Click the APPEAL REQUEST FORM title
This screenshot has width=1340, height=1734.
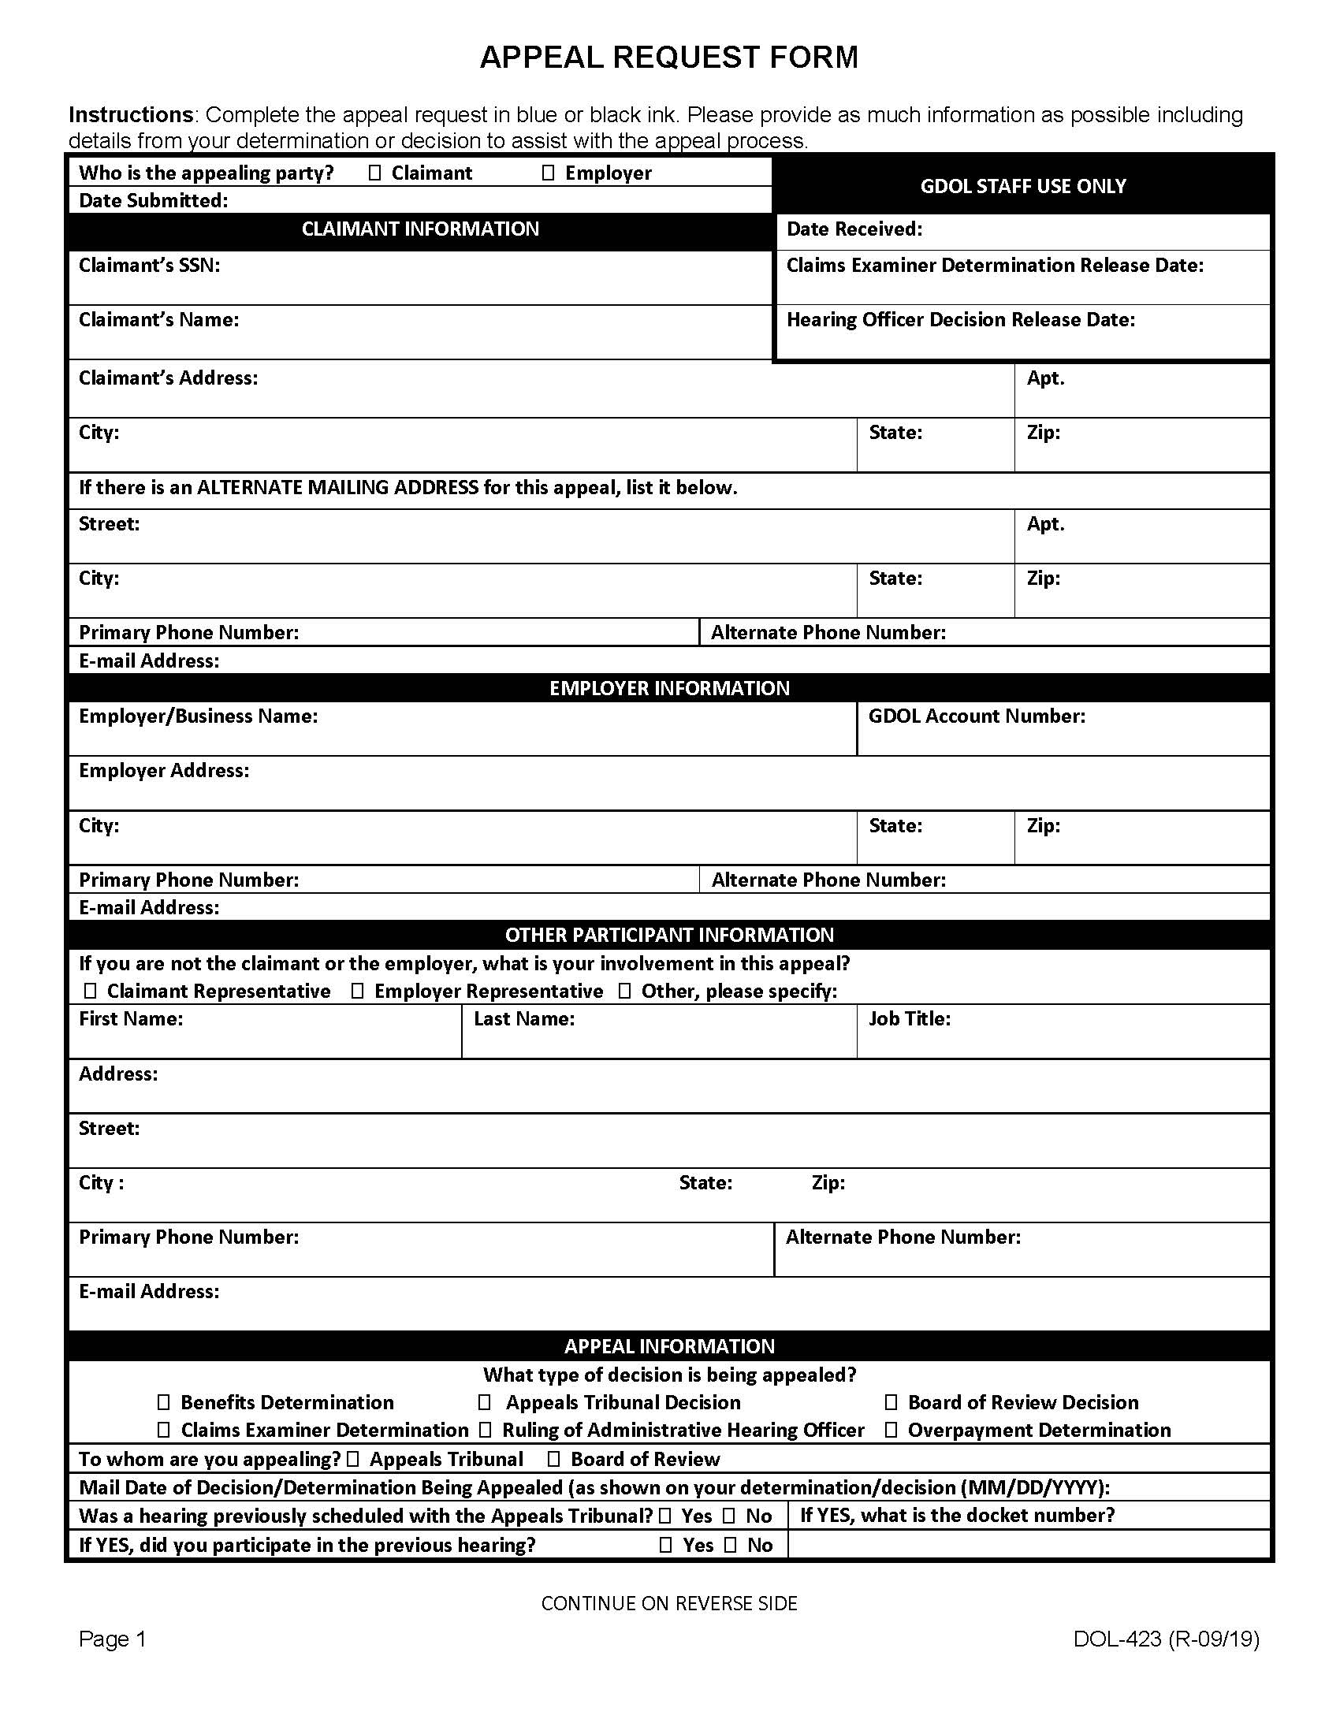pyautogui.click(x=668, y=58)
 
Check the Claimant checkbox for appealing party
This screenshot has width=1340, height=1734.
pyautogui.click(x=375, y=173)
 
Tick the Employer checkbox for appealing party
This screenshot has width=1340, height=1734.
pyautogui.click(x=548, y=173)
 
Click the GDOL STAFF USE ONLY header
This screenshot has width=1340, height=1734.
pyautogui.click(x=1022, y=186)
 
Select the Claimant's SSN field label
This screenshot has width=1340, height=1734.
pyautogui.click(x=149, y=265)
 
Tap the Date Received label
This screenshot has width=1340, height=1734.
pyautogui.click(x=854, y=229)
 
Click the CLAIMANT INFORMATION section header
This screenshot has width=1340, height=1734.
pyautogui.click(x=420, y=229)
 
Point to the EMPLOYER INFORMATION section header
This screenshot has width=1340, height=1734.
pyautogui.click(x=669, y=687)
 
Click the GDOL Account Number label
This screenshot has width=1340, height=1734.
pyautogui.click(x=977, y=716)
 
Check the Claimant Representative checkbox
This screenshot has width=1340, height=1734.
pyautogui.click(x=91, y=991)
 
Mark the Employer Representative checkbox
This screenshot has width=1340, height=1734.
pyautogui.click(x=357, y=991)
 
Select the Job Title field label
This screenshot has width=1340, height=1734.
pyautogui.click(x=909, y=1018)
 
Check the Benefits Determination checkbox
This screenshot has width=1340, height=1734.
pyautogui.click(x=163, y=1402)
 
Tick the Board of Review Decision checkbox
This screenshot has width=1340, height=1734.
pyautogui.click(x=891, y=1402)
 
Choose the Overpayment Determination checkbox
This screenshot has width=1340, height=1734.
pyautogui.click(x=891, y=1430)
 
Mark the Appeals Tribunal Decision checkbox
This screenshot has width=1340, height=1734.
pyautogui.click(x=484, y=1402)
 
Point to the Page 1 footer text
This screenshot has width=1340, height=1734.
pyautogui.click(x=113, y=1639)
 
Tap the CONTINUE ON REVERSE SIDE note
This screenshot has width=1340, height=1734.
pyautogui.click(x=669, y=1603)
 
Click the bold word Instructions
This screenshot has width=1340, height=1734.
pyautogui.click(x=130, y=115)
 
